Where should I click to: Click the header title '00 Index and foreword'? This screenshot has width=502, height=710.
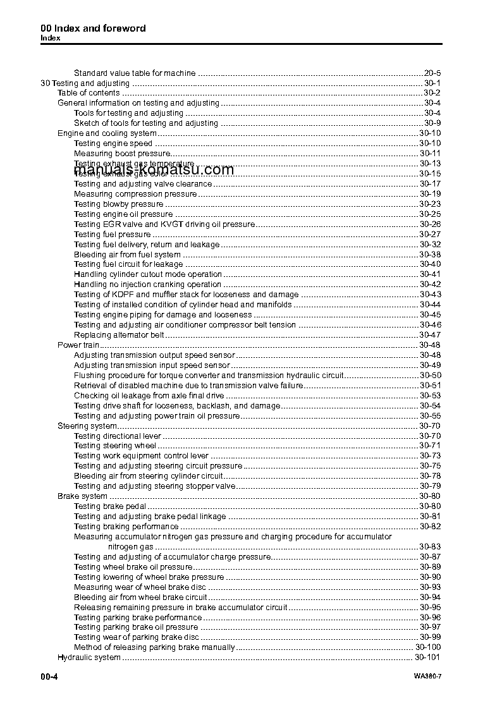click(93, 28)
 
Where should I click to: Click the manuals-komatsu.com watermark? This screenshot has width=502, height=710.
click(154, 169)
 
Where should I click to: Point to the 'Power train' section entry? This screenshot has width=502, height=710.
click(78, 345)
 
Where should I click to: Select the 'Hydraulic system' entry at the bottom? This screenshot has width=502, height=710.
click(89, 658)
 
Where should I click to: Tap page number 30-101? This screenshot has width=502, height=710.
click(427, 658)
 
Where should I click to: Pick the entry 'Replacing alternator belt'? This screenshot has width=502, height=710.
click(119, 335)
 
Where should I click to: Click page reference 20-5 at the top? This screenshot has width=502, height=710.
click(432, 73)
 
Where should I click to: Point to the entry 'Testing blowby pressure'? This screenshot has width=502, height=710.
click(119, 204)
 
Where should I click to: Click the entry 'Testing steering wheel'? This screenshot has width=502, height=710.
click(115, 446)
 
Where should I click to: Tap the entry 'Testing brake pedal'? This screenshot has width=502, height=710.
click(110, 506)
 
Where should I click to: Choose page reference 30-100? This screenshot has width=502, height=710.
click(428, 647)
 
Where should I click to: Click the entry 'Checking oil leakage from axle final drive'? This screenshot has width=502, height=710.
click(149, 396)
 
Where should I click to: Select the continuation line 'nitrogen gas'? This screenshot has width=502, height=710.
click(130, 546)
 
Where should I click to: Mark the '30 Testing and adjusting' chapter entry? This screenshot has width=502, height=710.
click(85, 83)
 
